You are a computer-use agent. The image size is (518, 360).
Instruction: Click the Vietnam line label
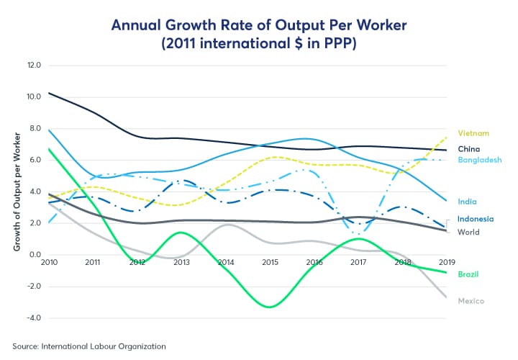473,133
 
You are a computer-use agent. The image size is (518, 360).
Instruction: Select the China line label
469,148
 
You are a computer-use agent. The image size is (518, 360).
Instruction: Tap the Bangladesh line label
479,160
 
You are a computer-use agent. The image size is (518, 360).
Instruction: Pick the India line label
467,202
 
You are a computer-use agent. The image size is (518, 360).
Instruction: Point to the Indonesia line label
476,219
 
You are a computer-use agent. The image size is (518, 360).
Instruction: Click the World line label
468,232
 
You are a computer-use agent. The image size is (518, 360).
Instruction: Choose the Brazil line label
468,274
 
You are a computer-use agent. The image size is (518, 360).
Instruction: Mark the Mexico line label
471,300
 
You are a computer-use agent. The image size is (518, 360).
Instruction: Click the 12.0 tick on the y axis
35,65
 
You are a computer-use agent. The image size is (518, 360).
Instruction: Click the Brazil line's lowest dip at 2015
269,307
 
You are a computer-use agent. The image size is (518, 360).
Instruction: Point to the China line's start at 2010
49,93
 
